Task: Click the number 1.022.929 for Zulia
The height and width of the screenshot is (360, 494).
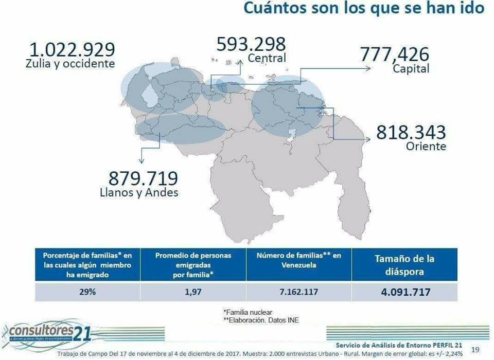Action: pos(72,50)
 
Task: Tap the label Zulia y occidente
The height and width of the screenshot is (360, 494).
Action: pos(70,64)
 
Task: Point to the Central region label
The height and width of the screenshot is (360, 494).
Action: pos(267,58)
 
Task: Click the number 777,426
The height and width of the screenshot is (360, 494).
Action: pos(394,53)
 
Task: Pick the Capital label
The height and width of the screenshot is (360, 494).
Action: pos(411,68)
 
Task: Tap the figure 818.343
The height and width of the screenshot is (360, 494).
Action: pos(411,132)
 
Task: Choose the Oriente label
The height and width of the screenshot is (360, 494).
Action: pos(426,147)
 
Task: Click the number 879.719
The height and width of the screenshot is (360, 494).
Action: pos(143,179)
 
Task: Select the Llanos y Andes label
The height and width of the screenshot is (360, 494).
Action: pos(138,193)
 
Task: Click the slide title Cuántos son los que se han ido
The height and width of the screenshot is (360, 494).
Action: pos(363,9)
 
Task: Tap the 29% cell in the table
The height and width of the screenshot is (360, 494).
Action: pos(87,292)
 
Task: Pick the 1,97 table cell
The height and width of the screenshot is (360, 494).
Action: pos(192,292)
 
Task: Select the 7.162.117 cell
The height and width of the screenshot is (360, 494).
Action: pos(298,292)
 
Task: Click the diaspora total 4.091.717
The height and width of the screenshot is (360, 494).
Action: pos(404,292)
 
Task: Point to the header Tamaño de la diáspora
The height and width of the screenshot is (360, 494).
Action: pos(404,264)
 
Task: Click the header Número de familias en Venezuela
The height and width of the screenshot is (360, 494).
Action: pos(298,260)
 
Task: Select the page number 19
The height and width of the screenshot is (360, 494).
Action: pos(475,350)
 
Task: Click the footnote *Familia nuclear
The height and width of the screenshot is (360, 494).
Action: pos(248,312)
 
